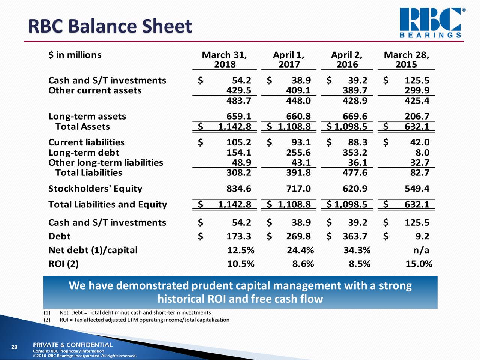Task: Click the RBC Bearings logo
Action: pos(430,22)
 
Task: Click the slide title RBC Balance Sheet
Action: pos(110,27)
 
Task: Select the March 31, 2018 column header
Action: pos(225,60)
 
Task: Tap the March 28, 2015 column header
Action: pos(406,60)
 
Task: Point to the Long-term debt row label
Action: pos(84,153)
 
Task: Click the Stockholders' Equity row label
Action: pos(95,189)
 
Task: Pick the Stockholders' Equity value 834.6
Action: pos(239,189)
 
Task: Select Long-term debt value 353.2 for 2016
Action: pos(355,153)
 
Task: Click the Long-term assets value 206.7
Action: pos(417,117)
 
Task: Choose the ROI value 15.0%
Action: pos(419,264)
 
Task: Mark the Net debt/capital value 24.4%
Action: pos(300,250)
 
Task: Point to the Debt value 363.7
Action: pos(355,236)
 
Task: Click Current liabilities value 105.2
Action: pos(239,142)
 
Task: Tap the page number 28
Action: pos(14,347)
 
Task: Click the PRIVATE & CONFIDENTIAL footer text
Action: pos(73,345)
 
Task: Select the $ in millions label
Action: pos(75,55)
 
